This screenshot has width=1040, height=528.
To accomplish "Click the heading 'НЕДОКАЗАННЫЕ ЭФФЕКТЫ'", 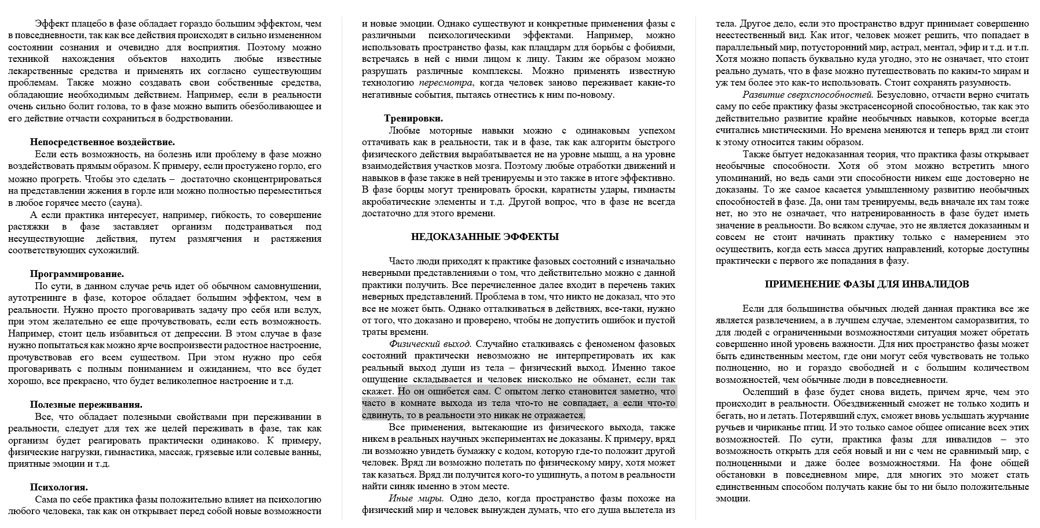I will pos(485,237).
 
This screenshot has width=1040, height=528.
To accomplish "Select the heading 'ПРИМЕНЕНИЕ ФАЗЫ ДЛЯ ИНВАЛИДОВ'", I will pos(866,284).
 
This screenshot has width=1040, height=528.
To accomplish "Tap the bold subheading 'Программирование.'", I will pos(77,274).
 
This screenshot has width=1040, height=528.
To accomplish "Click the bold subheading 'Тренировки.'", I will pos(413,119).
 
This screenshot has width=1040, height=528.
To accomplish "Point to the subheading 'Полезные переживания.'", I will pos(86,405).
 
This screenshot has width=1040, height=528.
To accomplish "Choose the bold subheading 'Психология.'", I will pos(59,487).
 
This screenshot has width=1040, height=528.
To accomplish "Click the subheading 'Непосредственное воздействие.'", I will pos(102,142).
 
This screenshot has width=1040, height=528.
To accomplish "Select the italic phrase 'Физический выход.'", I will pos(430,344).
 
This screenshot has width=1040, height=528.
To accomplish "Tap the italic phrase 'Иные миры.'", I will pos(416,499).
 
